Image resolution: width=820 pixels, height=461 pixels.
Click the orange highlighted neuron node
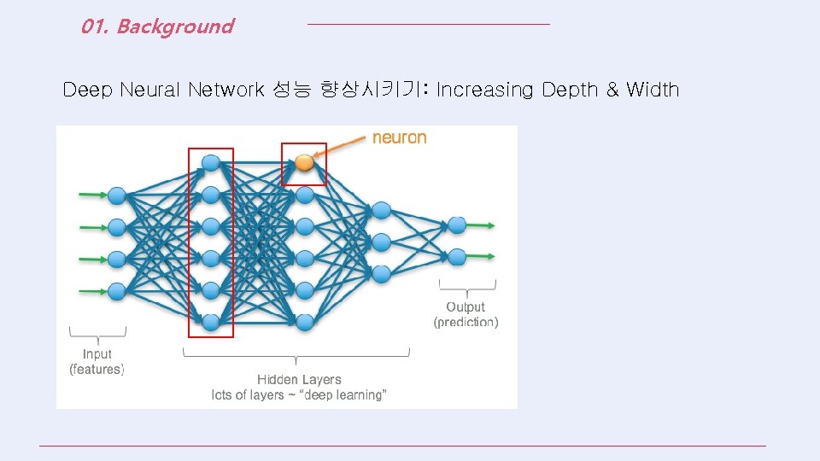point(305,163)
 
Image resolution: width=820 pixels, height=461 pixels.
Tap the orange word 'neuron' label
point(399,137)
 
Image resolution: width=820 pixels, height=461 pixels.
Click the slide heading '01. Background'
point(157,26)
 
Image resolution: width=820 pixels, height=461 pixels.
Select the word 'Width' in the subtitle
point(653,90)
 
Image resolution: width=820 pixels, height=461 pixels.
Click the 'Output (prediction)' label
point(466,314)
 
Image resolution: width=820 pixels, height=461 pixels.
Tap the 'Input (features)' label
point(97,361)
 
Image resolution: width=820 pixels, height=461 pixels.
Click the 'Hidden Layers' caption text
point(299,379)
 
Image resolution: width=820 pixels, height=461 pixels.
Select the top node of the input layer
point(117,195)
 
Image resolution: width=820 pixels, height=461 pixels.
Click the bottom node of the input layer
point(117,291)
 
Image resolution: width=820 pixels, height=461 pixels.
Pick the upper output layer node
point(457,225)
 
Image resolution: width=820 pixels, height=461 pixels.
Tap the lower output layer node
point(457,256)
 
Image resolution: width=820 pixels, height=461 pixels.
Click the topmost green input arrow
point(92,195)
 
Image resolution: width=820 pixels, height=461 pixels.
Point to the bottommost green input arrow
point(92,290)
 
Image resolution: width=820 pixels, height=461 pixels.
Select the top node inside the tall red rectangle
point(211,162)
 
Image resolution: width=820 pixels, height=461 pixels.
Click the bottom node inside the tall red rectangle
point(211,322)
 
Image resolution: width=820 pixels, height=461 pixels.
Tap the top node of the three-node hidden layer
point(382,210)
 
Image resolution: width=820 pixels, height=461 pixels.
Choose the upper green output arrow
point(483,225)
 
